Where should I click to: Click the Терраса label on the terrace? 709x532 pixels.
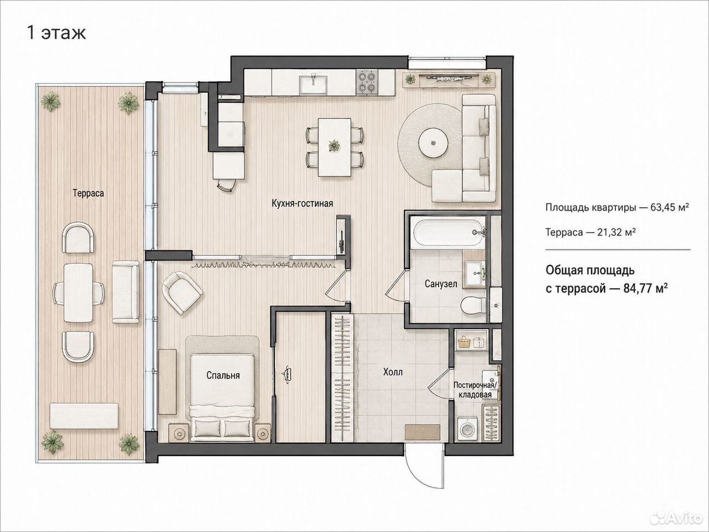click(88, 193)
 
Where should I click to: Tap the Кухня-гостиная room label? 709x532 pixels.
click(302, 203)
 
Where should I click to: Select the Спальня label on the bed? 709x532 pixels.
click(223, 375)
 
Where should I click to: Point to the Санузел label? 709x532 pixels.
click(440, 284)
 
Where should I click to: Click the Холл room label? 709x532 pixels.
click(393, 372)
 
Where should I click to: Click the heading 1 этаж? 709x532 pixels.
click(56, 33)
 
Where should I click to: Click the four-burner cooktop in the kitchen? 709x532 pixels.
click(367, 83)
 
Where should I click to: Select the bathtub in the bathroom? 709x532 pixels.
click(450, 232)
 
